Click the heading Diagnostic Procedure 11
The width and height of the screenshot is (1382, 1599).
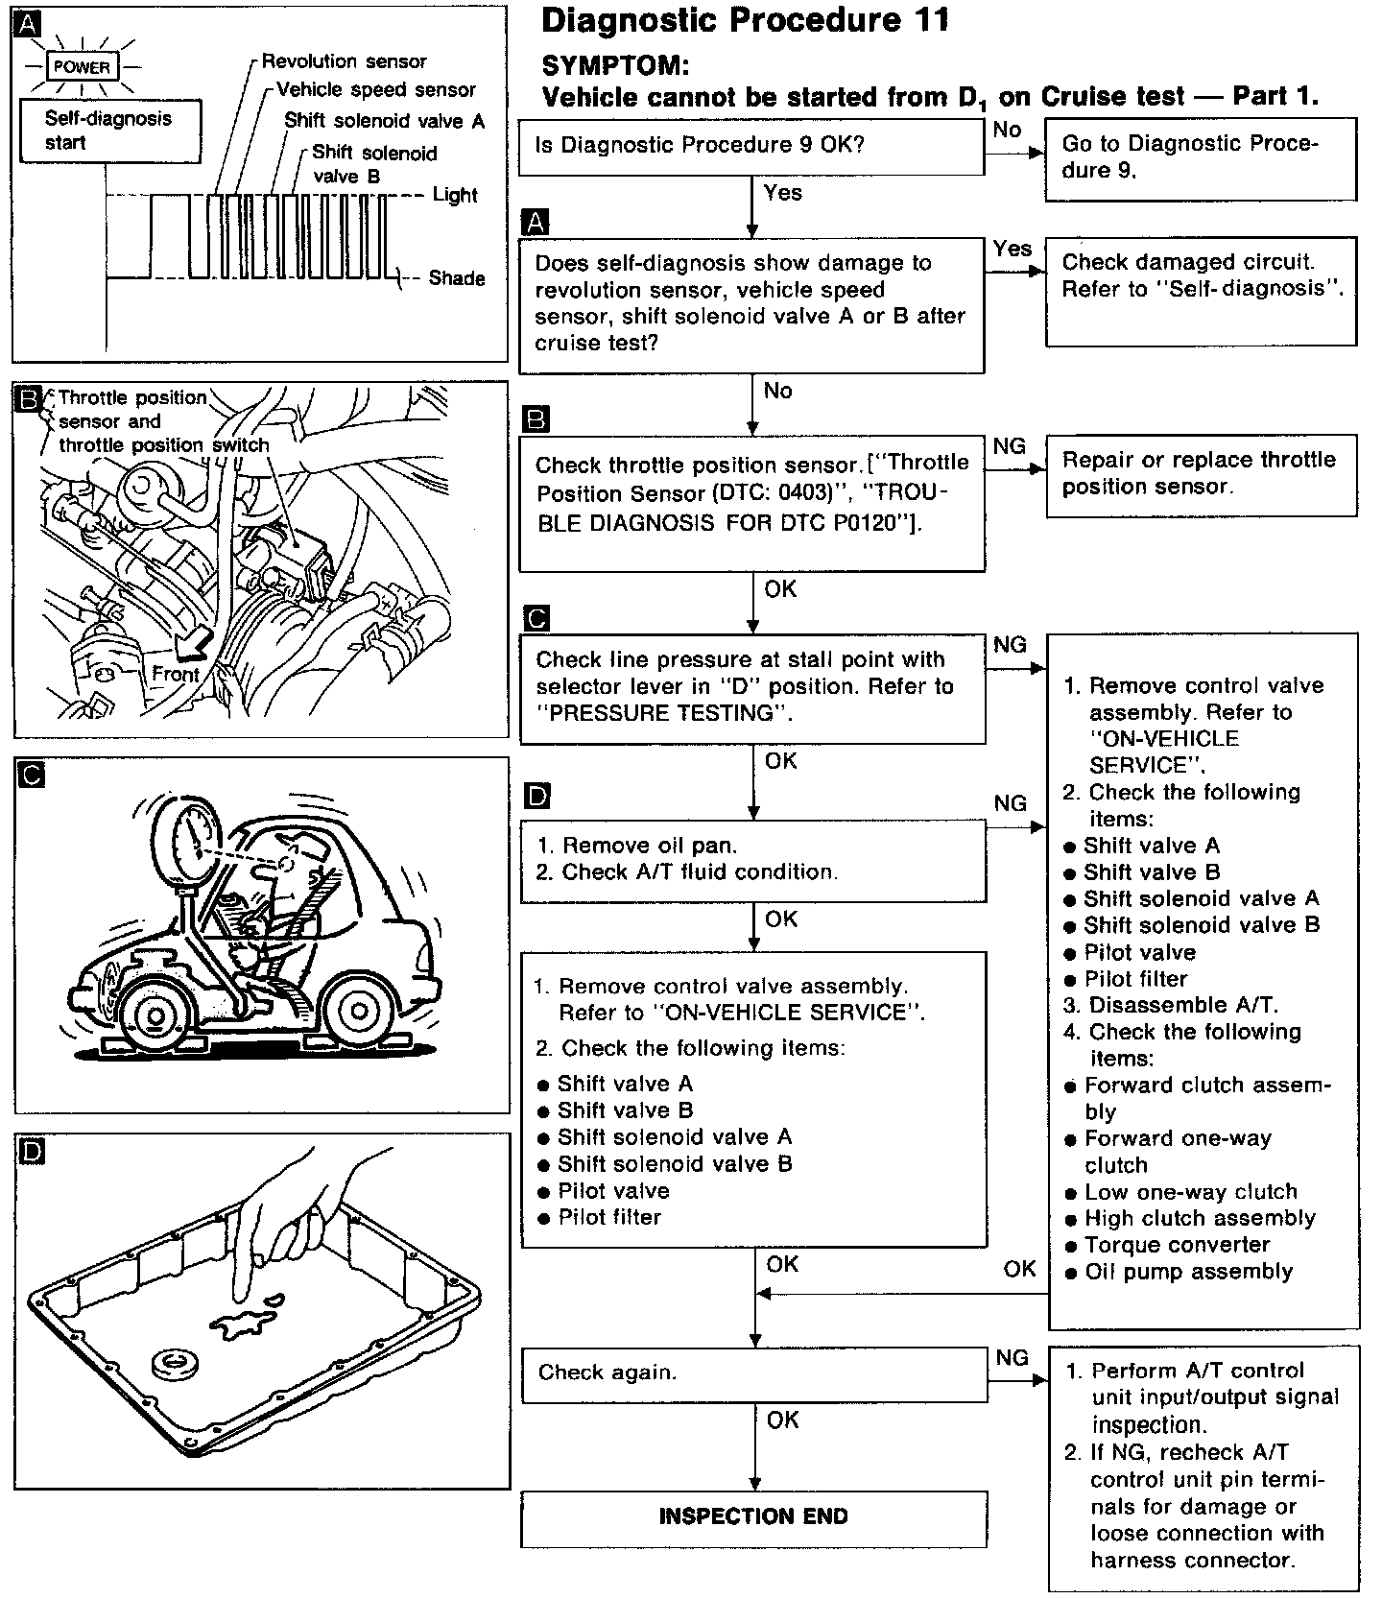pyautogui.click(x=745, y=20)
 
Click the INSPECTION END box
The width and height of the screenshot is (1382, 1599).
pyautogui.click(x=753, y=1516)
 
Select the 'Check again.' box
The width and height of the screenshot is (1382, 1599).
pyautogui.click(x=753, y=1372)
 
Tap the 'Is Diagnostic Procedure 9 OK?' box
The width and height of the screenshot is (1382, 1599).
pyautogui.click(x=751, y=146)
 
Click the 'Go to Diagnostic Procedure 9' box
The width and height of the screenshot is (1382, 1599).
pyautogui.click(x=1200, y=158)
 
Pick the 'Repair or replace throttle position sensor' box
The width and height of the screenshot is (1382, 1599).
pyautogui.click(x=1200, y=473)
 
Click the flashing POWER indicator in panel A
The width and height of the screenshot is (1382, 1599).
pyautogui.click(x=82, y=67)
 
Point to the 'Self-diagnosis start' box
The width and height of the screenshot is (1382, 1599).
pyautogui.click(x=108, y=131)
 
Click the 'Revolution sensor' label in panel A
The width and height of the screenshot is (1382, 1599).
pyautogui.click(x=344, y=61)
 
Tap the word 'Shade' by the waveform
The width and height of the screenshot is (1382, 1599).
pyautogui.click(x=456, y=278)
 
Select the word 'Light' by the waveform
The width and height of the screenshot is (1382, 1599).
pyautogui.click(x=455, y=195)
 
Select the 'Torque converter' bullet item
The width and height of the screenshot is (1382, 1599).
pyautogui.click(x=1177, y=1245)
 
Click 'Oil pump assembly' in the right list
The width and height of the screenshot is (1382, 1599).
pyautogui.click(x=1188, y=1272)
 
